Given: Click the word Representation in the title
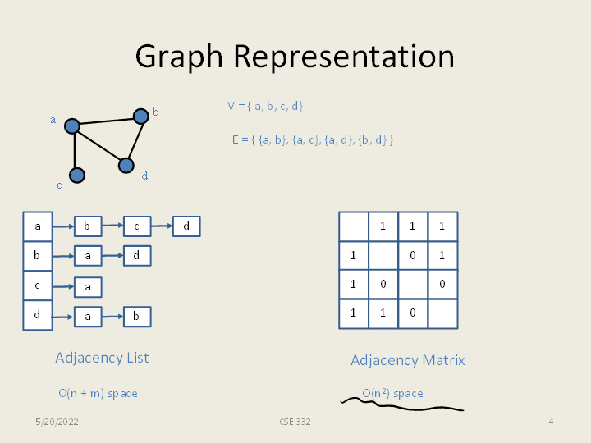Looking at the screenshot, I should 343,57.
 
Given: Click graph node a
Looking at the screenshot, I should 72,126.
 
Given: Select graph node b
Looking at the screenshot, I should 140,116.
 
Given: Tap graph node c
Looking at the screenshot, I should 77,175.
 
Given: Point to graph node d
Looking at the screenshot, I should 126,166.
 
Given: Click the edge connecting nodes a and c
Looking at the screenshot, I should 75,151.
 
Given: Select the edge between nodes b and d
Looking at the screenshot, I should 134,140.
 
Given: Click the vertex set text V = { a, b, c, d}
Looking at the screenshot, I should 265,106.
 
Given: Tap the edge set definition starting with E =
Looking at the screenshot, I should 312,139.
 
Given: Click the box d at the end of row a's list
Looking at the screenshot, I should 186,226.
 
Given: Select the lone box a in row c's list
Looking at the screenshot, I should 88,287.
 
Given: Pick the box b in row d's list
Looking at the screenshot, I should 137,316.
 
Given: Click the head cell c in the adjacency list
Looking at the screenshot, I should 37,285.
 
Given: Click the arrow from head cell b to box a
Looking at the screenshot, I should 63,257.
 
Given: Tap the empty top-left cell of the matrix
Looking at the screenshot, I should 354,226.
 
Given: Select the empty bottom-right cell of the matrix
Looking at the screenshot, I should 442,314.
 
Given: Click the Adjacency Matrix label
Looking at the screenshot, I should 407,360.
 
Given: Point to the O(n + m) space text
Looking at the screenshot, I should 98,394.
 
